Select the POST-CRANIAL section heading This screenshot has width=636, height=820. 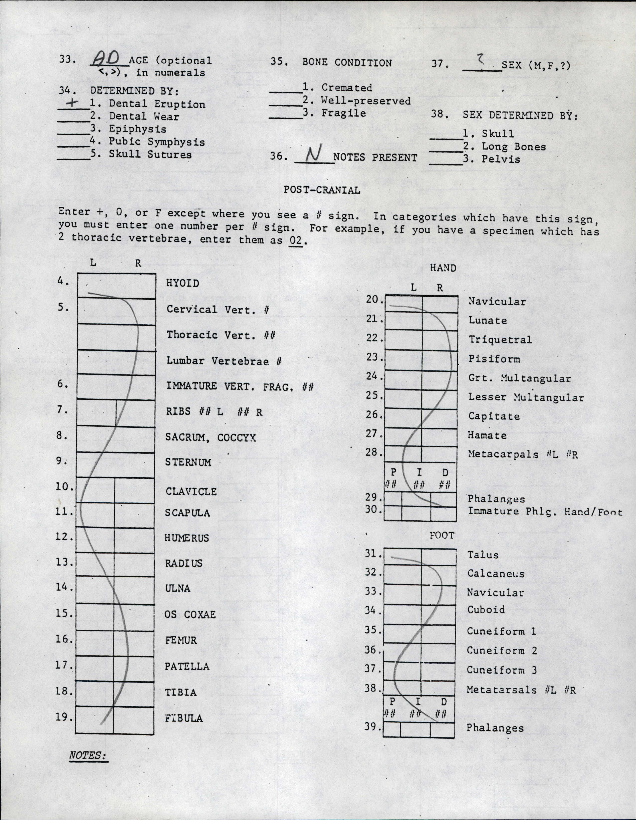pyautogui.click(x=321, y=190)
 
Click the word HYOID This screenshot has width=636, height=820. pyautogui.click(x=182, y=283)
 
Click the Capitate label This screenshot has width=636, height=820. pyautogui.click(x=493, y=416)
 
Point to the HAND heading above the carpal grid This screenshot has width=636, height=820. pyautogui.click(x=443, y=268)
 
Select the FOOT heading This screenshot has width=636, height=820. pyautogui.click(x=442, y=535)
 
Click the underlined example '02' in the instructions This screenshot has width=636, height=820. pyautogui.click(x=296, y=240)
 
